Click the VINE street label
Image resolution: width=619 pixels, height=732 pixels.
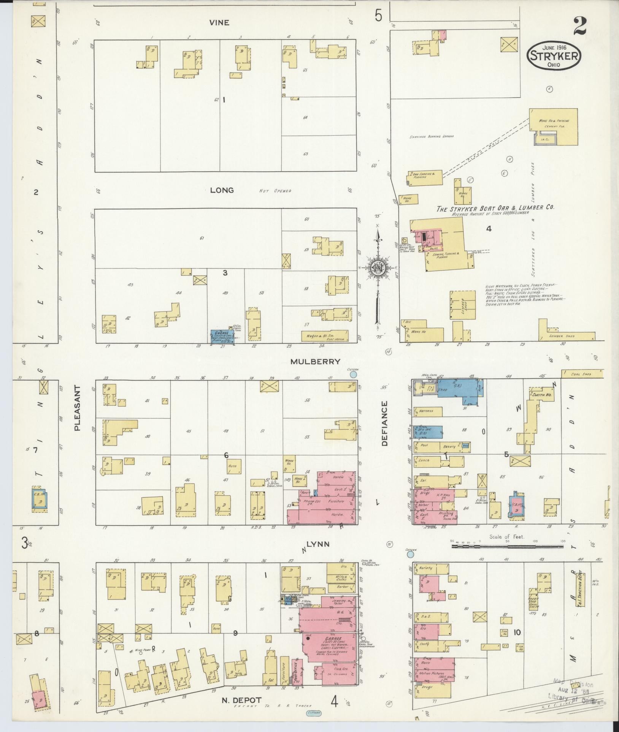coord(219,23)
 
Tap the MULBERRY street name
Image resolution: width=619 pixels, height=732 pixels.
coord(315,362)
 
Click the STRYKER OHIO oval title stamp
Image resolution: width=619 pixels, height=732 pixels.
coord(554,56)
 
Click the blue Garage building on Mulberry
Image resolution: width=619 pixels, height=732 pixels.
coord(222,337)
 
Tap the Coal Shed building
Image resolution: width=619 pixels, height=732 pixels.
coord(582,374)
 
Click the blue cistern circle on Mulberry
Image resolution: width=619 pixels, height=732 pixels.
coord(353,374)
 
